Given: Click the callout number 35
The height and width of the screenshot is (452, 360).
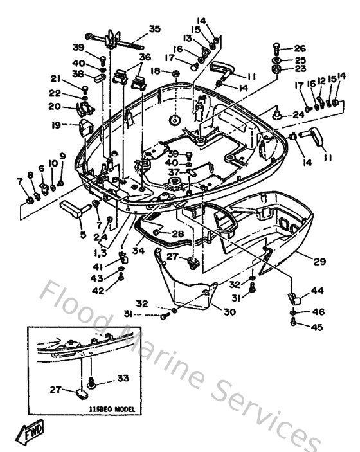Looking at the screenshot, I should click(154, 28).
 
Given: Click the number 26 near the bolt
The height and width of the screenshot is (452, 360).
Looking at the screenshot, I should click(300, 48).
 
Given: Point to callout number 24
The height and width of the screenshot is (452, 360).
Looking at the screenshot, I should click(300, 115).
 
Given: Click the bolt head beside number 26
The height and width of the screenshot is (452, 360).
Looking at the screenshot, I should click(276, 47).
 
